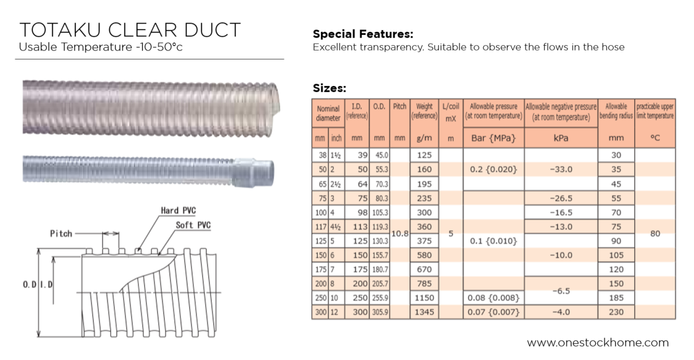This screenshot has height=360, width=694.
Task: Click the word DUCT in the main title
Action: pos(212,30)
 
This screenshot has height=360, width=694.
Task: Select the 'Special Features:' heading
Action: pos(363,34)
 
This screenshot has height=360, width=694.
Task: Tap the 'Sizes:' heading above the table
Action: pos(330,88)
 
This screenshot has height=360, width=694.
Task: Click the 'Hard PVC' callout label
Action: pos(178,211)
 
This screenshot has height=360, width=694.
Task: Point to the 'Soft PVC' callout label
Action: pos(193,225)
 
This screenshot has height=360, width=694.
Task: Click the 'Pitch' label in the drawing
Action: pos(61,233)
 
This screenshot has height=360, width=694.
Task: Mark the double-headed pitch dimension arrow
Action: pos(111,233)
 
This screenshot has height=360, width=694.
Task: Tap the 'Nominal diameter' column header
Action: pos(328,113)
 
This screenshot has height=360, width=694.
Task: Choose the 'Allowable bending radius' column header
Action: pos(616,111)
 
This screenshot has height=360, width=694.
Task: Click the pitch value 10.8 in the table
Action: pos(399,233)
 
